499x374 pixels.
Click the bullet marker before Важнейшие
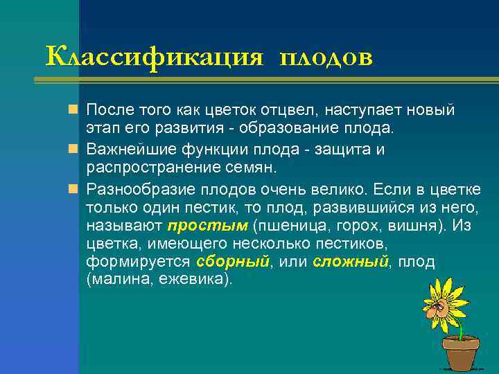point(74,150)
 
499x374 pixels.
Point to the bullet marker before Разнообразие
point(74,188)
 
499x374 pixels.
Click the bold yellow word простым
point(207,226)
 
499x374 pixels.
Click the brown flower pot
point(460,353)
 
